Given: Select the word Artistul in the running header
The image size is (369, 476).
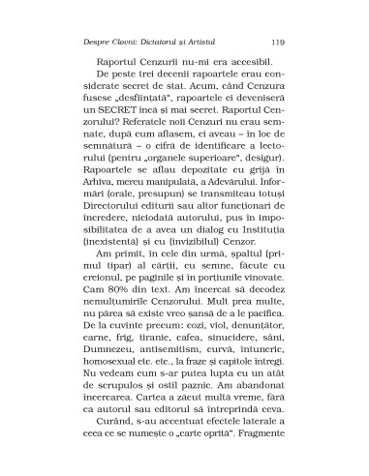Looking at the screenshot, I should coord(234,42).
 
